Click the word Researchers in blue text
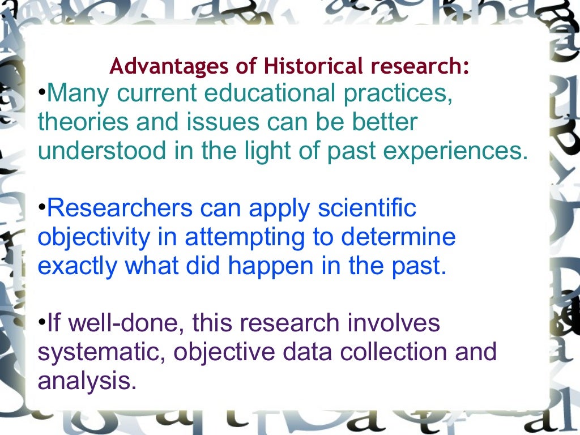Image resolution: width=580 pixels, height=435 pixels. [120, 208]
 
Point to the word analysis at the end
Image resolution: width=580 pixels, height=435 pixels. [87, 381]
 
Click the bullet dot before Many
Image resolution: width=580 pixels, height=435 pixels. [41, 93]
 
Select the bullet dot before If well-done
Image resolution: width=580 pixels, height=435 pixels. [41, 323]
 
